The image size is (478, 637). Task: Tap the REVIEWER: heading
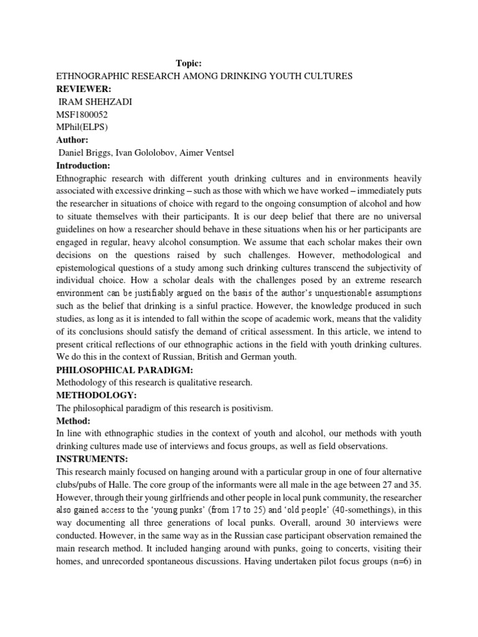coord(83,89)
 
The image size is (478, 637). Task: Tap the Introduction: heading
coord(83,166)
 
